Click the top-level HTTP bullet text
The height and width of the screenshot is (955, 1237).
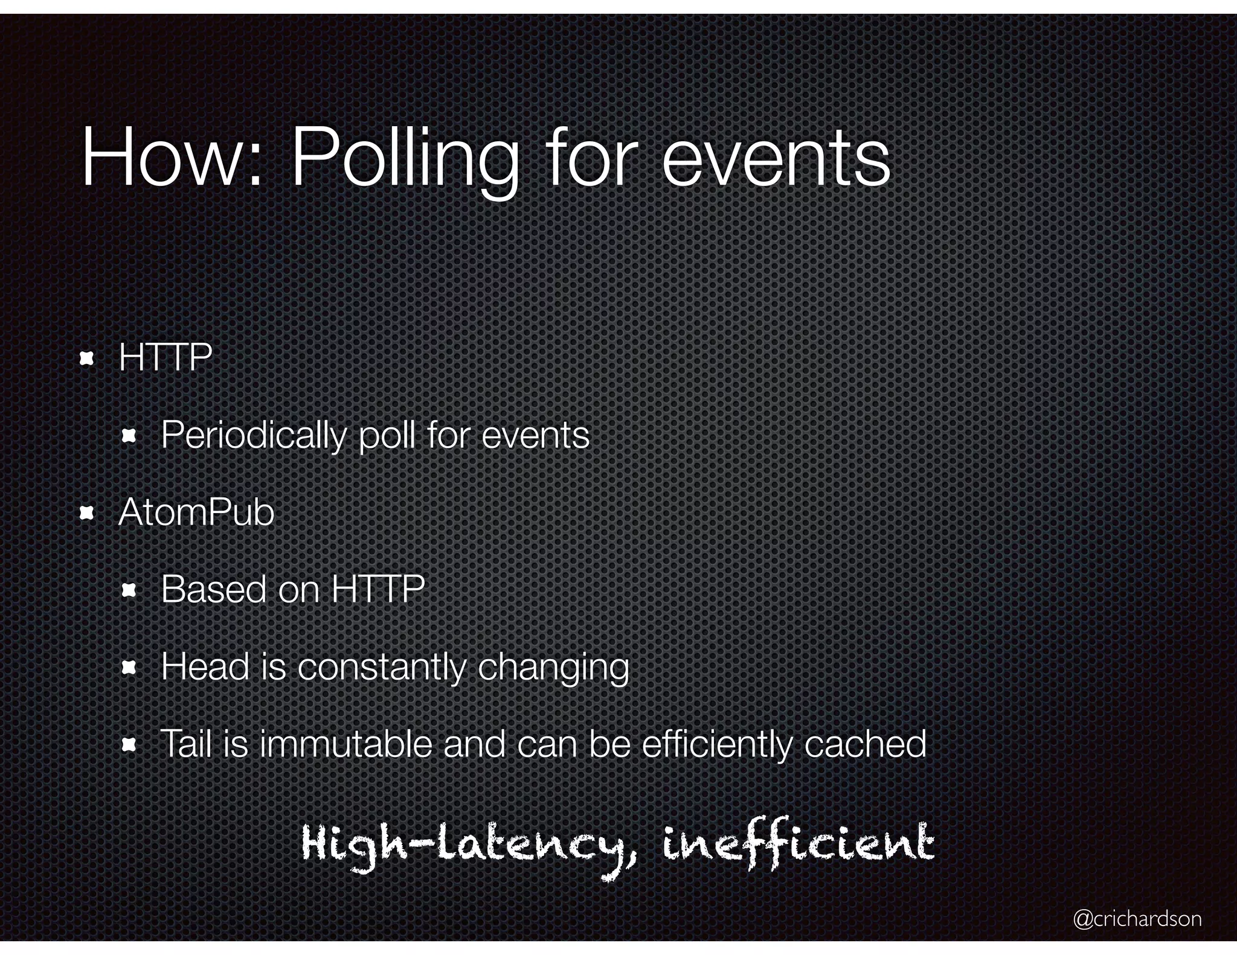pos(165,357)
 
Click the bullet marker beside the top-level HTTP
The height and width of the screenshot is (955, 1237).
pos(87,359)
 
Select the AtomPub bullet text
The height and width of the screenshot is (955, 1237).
pos(196,513)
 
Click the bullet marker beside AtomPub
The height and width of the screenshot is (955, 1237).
pos(87,514)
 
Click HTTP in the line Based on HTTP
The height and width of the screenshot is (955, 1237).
pos(379,589)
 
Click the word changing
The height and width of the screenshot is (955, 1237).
pos(553,669)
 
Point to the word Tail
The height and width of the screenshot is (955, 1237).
pos(185,744)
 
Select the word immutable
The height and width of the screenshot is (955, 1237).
pos(346,744)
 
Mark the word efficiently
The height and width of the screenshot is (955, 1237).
pos(716,745)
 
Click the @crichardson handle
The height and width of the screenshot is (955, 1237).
pos(1137,918)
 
